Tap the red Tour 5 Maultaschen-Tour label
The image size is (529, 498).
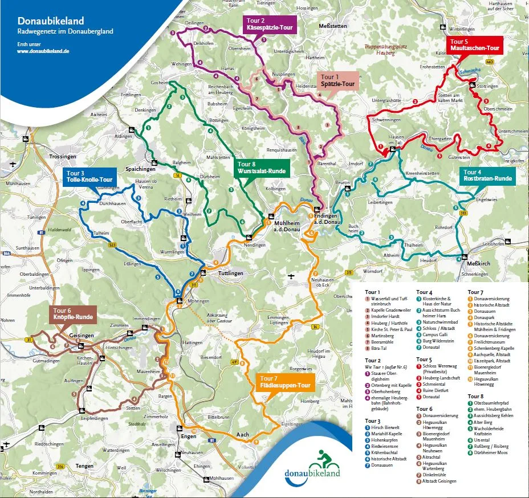click(474, 45)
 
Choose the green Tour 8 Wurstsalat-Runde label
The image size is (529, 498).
click(262, 167)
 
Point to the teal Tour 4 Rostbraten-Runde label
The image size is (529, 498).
click(488, 175)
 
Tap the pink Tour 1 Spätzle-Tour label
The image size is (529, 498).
click(338, 80)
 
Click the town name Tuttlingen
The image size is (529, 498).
click(230, 274)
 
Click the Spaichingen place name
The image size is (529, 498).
click(140, 169)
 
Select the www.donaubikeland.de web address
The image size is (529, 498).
click(43, 51)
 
